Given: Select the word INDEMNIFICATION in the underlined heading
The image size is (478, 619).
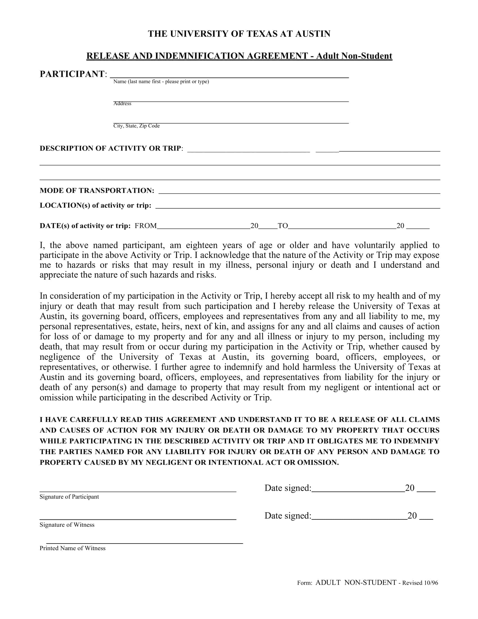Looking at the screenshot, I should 200,56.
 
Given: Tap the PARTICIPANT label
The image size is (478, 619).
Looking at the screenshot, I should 72,74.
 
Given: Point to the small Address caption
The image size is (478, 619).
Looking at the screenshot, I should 122,104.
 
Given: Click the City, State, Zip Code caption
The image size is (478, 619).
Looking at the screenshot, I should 136,126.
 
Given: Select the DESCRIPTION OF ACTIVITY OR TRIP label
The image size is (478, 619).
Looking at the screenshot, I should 111,149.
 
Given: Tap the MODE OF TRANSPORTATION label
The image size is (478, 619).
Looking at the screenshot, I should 97,190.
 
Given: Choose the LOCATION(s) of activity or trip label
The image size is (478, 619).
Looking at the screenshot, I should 95,205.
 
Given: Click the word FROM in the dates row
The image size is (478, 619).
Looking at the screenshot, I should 146,226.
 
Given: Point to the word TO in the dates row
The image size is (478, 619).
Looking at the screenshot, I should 283,226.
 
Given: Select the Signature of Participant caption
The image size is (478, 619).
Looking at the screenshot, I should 69,497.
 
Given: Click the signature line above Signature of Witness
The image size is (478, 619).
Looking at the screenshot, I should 137,519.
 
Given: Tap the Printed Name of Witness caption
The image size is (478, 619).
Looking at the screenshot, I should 73,548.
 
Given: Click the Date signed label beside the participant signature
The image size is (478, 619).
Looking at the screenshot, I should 287,488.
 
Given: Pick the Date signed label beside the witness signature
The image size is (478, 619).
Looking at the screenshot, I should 287,515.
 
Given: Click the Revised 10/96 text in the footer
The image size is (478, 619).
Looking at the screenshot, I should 420,583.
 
